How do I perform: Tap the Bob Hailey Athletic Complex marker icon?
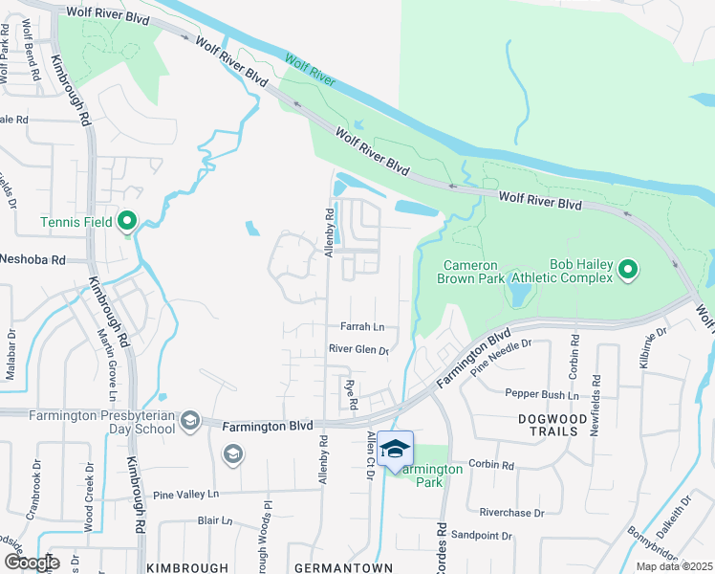628,271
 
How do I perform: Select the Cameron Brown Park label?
474,272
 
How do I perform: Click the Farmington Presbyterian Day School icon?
190,421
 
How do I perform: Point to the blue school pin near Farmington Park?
396,448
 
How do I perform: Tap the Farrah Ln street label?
361,326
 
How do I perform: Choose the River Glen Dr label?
358,350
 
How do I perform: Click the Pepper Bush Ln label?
542,394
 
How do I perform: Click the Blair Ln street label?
215,521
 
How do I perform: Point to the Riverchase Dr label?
511,513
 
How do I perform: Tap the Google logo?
32,563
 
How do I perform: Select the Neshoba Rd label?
32,259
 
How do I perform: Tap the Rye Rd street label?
351,393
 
